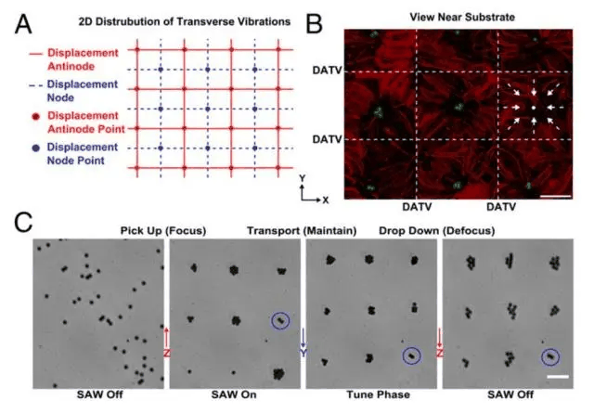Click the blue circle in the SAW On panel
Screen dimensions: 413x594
coord(280,321)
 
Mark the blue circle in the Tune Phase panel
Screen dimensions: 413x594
coord(410,355)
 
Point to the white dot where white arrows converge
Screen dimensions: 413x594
coord(533,110)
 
